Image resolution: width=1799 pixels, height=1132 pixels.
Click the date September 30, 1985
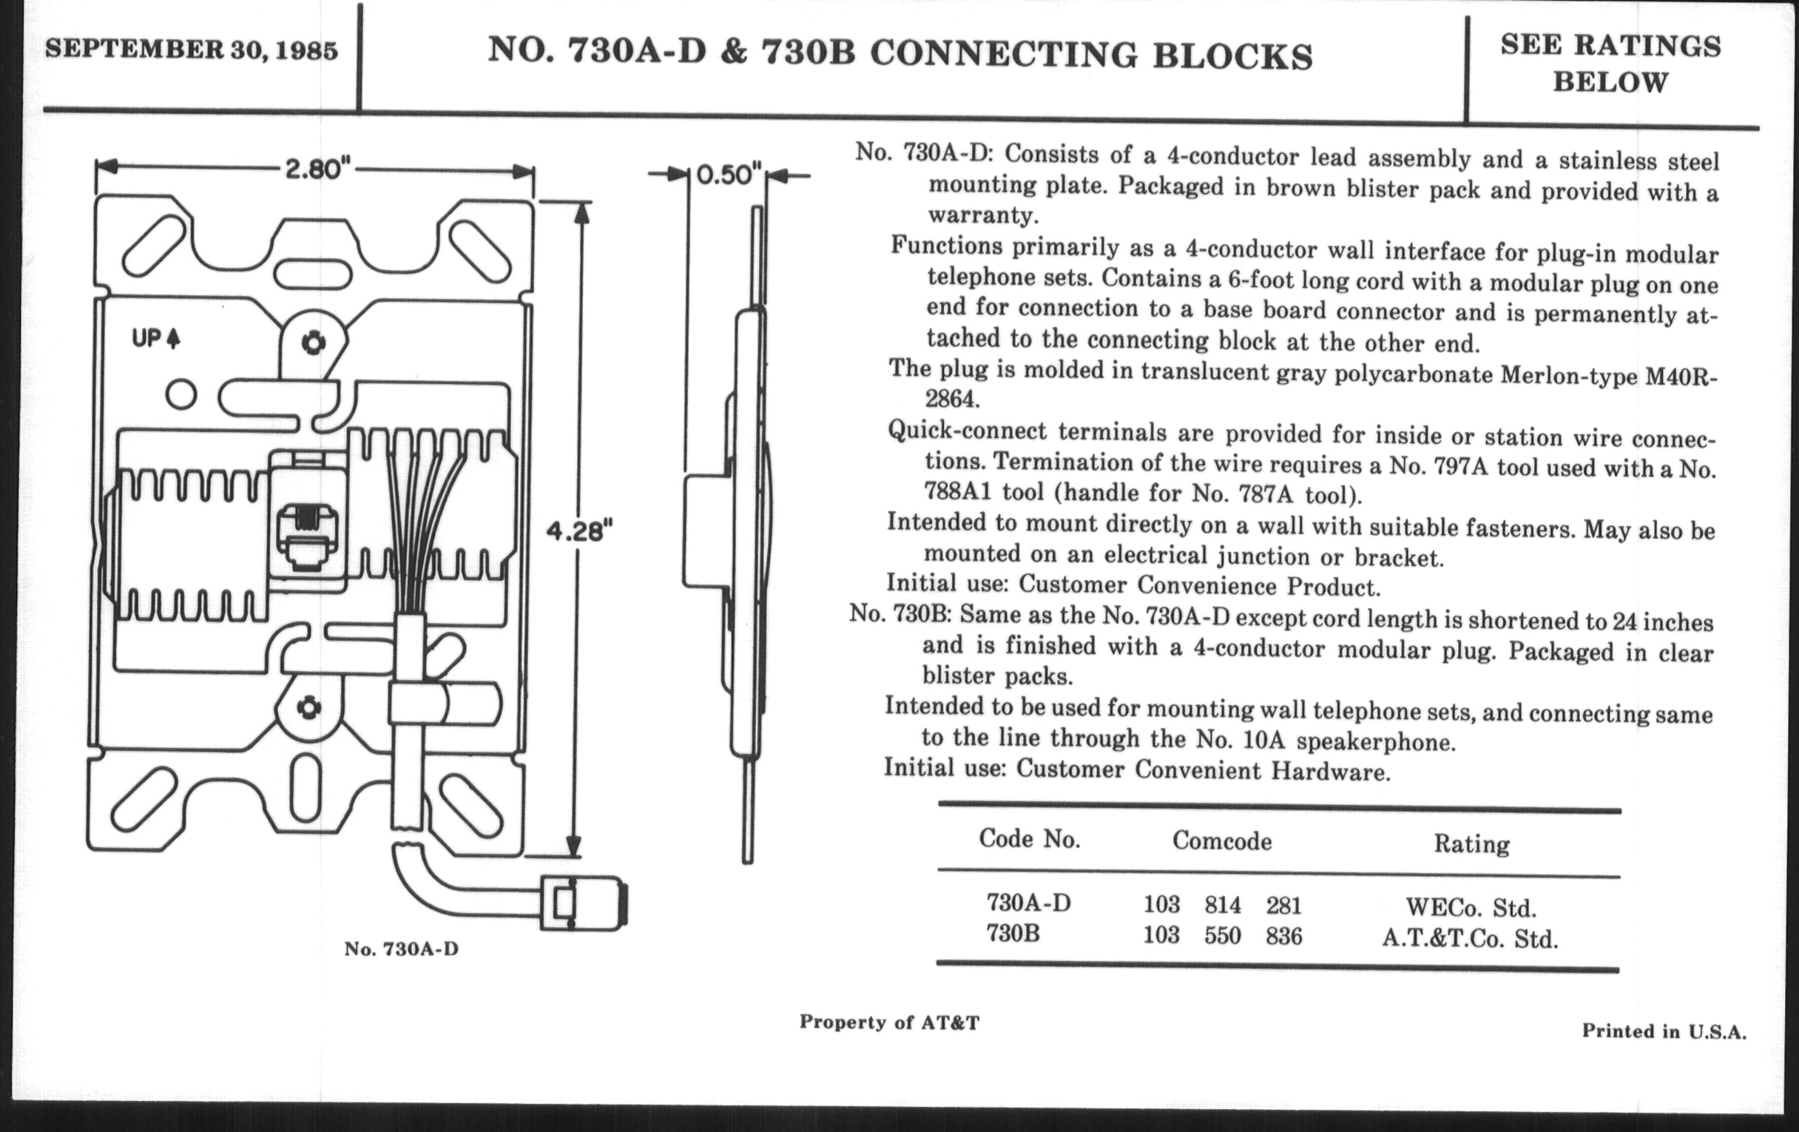point(192,50)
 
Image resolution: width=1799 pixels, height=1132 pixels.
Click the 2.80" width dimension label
point(317,169)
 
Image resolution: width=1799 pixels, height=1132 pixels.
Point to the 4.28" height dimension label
point(579,531)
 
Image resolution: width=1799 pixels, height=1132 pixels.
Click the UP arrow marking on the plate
point(156,338)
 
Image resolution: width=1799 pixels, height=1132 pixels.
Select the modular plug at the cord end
point(584,903)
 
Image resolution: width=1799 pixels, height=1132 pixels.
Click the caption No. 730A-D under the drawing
point(401,949)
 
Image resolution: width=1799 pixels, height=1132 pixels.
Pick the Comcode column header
point(1221,841)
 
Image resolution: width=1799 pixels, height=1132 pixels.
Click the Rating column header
point(1471,844)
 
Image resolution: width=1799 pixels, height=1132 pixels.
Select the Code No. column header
point(1030,839)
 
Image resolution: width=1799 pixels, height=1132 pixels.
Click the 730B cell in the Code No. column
point(1013,934)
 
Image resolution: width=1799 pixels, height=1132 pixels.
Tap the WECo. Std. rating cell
point(1471,908)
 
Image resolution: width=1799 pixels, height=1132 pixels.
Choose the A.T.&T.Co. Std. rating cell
point(1470,938)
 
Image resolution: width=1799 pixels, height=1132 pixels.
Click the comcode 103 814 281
point(1222,906)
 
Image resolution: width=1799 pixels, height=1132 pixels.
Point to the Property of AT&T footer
point(889,1022)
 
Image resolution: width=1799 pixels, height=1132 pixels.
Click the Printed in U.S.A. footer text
point(1664,1032)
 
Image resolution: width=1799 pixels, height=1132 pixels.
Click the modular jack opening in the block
point(307,535)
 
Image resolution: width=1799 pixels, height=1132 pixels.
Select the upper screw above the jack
point(313,343)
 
